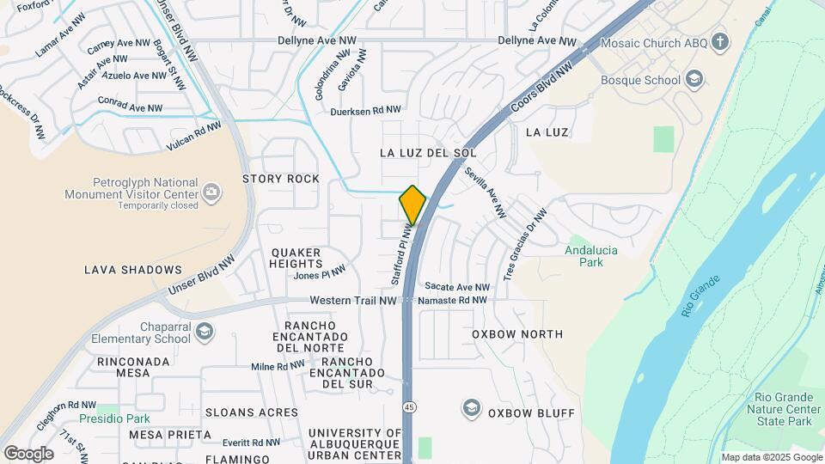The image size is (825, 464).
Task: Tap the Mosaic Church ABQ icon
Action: click(x=720, y=41)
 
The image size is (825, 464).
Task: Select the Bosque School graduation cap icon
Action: click(x=694, y=80)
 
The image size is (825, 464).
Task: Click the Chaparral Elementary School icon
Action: click(x=205, y=332)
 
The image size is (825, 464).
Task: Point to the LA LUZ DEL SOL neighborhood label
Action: click(x=428, y=152)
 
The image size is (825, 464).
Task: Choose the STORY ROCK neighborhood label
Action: click(x=280, y=179)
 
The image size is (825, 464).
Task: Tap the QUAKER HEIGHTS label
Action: click(x=296, y=258)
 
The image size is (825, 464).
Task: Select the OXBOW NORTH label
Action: click(x=517, y=334)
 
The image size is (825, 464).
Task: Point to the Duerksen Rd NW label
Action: click(x=365, y=110)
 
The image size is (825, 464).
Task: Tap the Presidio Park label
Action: click(x=114, y=418)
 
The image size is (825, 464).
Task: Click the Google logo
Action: click(x=28, y=453)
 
